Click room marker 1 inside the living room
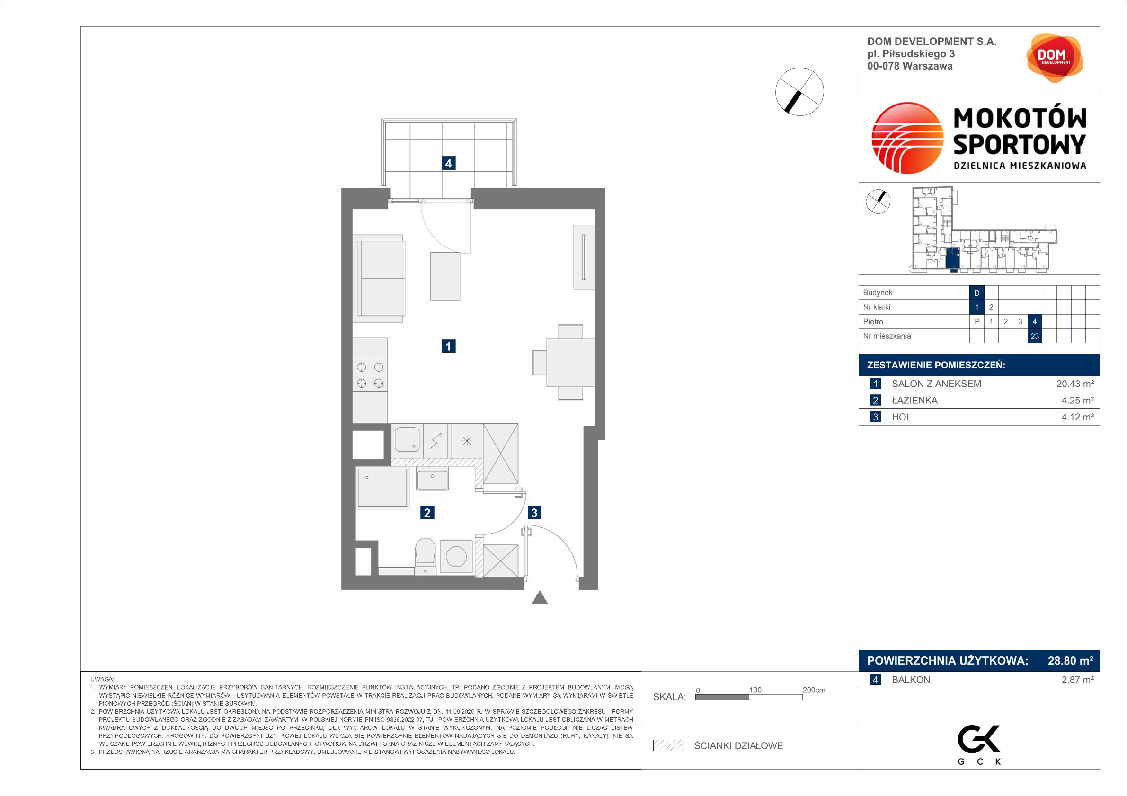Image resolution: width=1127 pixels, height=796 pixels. (448, 346)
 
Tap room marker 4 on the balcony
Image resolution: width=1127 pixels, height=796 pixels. (448, 163)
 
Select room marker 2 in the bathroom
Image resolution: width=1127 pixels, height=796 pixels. (427, 513)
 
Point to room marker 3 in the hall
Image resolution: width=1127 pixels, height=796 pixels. (534, 513)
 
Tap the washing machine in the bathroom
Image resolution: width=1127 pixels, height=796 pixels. (456, 557)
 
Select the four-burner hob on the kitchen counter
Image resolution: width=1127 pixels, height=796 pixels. (370, 375)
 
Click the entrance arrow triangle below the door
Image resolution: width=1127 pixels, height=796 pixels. (540, 597)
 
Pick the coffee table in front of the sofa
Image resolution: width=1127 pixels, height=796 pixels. (445, 276)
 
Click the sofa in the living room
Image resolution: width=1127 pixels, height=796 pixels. (379, 279)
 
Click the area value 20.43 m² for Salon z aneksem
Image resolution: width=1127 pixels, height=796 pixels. (1075, 384)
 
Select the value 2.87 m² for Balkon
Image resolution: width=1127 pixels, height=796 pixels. (1078, 680)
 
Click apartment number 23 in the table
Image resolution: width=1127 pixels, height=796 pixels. (1035, 336)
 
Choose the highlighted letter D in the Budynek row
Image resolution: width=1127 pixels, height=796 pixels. (977, 293)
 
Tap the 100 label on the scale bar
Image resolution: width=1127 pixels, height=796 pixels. (755, 690)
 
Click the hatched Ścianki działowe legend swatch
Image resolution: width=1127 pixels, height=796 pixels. (668, 745)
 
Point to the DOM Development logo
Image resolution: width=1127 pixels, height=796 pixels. (1055, 58)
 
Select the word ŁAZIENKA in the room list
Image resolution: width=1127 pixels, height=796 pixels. (914, 401)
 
